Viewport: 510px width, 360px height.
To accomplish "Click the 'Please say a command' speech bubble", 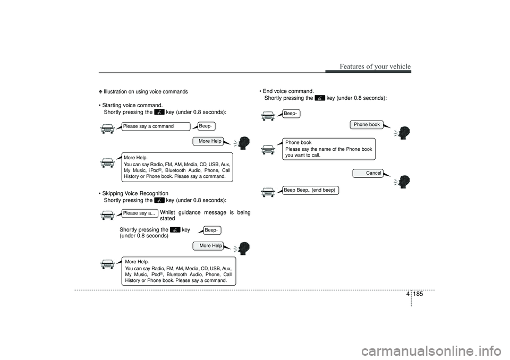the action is [x=156, y=126].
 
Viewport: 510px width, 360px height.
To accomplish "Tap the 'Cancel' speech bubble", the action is [x=368, y=173].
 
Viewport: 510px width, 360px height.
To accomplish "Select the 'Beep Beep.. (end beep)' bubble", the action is [x=310, y=190].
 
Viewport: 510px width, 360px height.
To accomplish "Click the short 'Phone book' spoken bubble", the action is [x=367, y=125].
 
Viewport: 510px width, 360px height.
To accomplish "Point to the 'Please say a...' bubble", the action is [x=140, y=213].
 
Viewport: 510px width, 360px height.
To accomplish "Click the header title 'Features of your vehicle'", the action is [x=375, y=66].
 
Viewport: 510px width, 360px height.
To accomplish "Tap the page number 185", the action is [x=419, y=294].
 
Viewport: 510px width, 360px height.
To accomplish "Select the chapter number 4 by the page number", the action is [x=408, y=294].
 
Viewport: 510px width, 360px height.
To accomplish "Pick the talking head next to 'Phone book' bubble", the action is [x=403, y=133].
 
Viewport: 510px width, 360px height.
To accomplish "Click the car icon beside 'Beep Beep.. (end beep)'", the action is [x=268, y=192].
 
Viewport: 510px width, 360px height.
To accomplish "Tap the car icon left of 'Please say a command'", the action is [x=107, y=129].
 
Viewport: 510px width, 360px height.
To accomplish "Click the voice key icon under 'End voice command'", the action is [x=320, y=98].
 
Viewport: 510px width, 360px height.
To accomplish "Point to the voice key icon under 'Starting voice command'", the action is [x=159, y=112].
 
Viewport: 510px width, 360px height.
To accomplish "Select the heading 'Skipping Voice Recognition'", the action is [x=135, y=193].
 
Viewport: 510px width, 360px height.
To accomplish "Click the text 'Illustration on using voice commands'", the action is [x=146, y=92].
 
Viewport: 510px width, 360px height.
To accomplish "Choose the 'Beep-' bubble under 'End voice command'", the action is [x=291, y=114].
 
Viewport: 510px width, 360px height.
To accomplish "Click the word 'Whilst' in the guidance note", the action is [x=167, y=213].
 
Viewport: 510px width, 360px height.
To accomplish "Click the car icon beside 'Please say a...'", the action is [x=107, y=215].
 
